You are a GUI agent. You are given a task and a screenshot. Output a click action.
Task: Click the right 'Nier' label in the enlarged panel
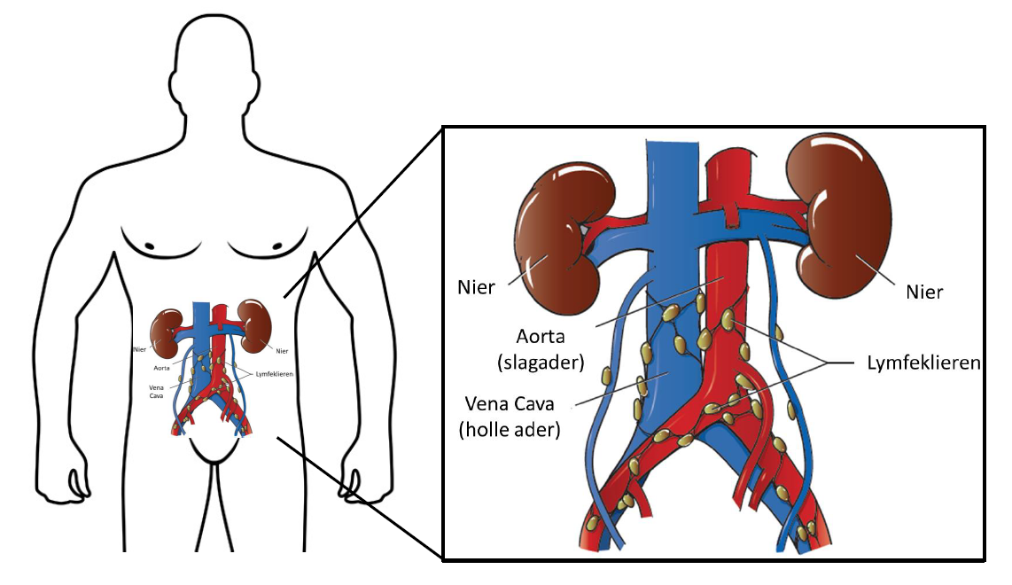pos(924,291)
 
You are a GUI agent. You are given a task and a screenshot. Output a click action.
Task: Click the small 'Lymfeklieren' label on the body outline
pos(275,373)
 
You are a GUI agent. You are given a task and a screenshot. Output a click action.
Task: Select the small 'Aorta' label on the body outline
pos(161,367)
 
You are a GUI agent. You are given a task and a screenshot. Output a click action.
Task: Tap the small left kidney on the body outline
pos(166,328)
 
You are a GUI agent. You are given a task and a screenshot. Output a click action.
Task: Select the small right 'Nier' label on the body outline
pos(282,350)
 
